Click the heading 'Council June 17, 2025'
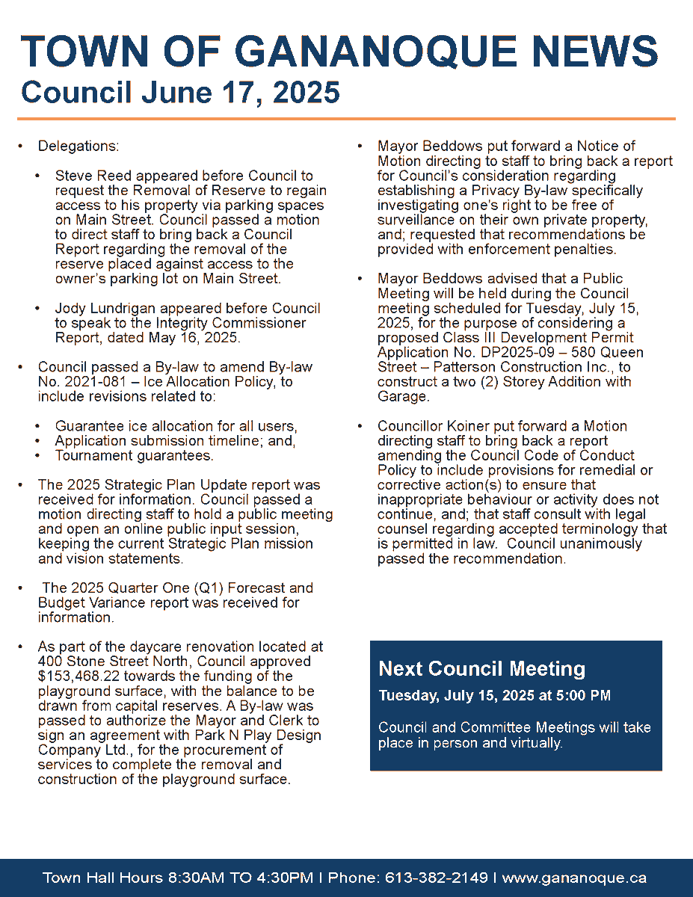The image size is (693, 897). (180, 92)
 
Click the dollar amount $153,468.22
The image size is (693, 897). (80, 676)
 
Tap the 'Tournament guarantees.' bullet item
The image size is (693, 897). (134, 455)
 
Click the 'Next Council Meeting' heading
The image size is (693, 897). (481, 668)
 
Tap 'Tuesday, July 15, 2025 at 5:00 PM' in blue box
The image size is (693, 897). (494, 695)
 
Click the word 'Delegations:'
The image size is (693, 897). (78, 146)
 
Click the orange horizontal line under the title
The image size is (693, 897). (346, 119)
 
